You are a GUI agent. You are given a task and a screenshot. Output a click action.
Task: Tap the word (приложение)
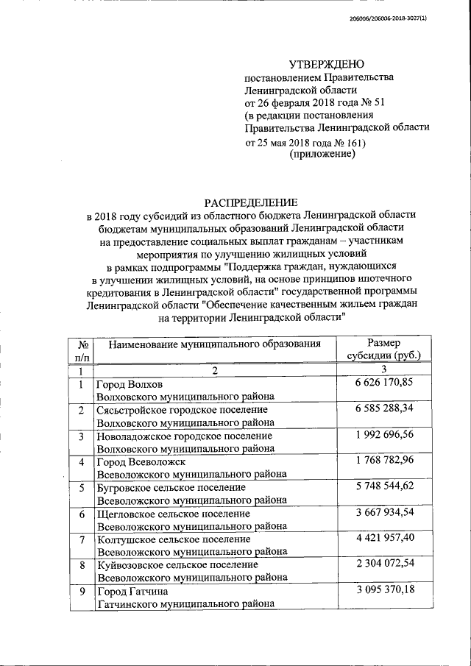point(323,154)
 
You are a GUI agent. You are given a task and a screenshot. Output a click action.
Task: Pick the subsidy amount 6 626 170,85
point(383,383)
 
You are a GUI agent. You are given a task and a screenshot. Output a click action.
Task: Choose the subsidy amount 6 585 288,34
point(383,409)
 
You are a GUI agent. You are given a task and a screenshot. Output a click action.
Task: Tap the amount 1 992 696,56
point(383,435)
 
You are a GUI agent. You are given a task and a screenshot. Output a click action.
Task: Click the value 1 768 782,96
point(383,461)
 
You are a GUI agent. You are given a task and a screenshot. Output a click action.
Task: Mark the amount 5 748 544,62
point(383,486)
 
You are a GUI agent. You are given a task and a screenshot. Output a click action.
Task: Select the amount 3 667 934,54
point(383,512)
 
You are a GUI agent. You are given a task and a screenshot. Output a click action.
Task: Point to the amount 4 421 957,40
point(383,539)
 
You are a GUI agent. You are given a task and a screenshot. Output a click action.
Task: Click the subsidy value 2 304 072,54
point(383,564)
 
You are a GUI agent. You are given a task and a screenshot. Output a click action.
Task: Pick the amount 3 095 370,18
point(383,590)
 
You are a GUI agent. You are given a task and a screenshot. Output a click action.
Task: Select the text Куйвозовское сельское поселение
point(177,565)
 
